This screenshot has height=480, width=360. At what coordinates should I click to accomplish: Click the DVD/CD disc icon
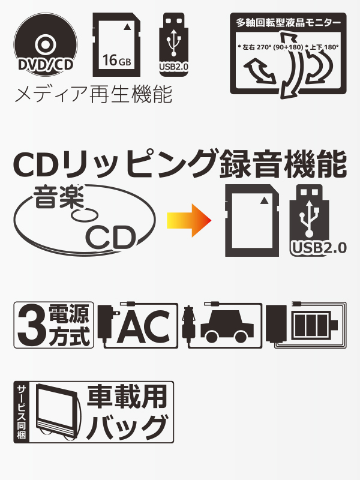(46, 44)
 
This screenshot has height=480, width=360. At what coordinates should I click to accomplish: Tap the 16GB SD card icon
(116, 44)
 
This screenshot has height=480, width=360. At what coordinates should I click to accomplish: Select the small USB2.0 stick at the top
(173, 44)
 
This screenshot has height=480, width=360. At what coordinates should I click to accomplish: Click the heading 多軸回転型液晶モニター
(288, 23)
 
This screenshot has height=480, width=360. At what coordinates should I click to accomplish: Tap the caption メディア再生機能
(94, 94)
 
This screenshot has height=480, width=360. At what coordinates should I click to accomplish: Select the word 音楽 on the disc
(58, 197)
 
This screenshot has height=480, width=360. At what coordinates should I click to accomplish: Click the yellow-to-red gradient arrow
(189, 220)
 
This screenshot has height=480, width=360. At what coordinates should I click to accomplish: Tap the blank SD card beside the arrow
(252, 220)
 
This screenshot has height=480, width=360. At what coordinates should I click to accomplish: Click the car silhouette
(227, 328)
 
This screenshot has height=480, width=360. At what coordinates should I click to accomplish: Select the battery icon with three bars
(314, 325)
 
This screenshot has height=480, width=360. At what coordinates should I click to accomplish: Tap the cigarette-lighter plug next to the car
(188, 325)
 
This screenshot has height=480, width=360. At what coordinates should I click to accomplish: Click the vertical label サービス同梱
(22, 412)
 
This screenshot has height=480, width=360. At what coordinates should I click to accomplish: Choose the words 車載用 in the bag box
(127, 397)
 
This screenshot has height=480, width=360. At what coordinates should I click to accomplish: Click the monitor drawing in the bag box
(56, 412)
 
